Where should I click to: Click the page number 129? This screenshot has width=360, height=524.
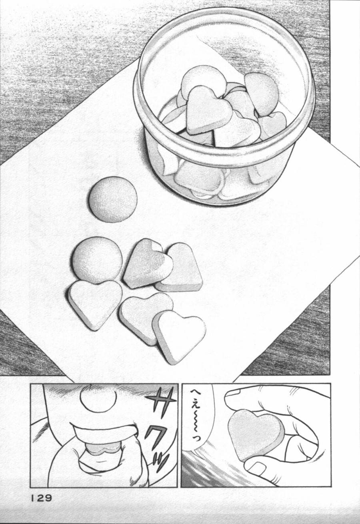(41, 498)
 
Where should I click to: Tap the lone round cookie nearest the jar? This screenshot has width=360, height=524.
(113, 199)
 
